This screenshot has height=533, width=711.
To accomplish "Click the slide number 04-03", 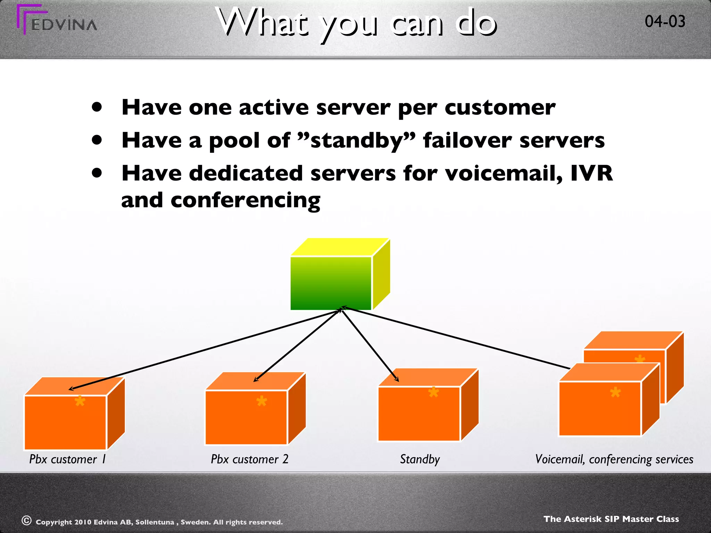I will tap(665, 22).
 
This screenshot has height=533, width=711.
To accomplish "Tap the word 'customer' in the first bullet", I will tap(500, 108).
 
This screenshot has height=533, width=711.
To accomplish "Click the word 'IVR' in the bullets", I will tap(592, 173).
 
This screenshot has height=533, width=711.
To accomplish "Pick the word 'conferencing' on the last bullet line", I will tap(245, 201).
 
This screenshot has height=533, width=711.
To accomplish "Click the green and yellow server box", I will tap(332, 283).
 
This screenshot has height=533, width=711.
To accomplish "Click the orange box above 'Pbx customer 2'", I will tap(246, 416).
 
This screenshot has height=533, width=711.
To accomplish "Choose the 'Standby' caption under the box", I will tap(420, 459).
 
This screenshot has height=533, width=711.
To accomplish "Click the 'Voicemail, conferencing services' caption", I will tap(614, 459).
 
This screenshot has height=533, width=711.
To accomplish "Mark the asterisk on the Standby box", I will tap(433, 392).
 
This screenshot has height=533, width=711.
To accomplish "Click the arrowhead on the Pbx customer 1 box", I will tap(70, 389).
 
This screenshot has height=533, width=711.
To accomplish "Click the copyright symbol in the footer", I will tap(27, 521).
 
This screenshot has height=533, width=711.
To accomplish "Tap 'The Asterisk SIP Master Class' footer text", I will tap(611, 519).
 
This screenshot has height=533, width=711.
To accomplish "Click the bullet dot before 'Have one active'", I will tap(97, 107).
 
